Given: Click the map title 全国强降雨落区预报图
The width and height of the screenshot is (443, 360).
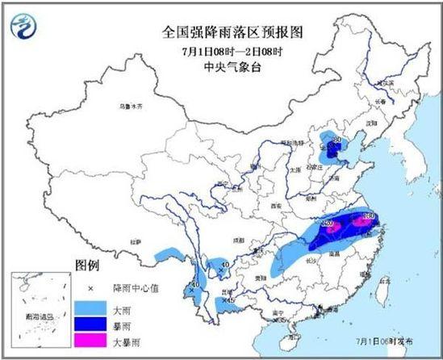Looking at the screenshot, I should click(222, 33).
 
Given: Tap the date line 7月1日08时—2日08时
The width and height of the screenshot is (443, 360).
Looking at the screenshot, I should click(222, 52).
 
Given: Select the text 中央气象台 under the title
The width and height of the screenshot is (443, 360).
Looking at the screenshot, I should click(222, 67).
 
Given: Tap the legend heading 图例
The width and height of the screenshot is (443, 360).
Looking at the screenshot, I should click(86, 265).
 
